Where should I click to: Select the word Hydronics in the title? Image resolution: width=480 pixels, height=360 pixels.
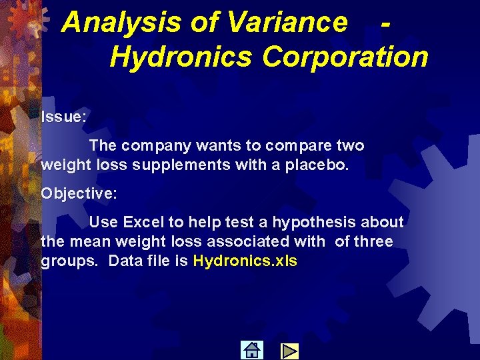[x=181, y=57]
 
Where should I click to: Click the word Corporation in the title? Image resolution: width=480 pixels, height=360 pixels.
[x=345, y=57]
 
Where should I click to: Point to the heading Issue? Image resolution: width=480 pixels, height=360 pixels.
[x=63, y=117]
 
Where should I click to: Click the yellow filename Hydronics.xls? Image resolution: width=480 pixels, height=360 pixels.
[x=245, y=261]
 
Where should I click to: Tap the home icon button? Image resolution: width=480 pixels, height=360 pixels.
[x=252, y=350]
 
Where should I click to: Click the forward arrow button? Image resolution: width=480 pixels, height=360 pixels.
[x=289, y=351]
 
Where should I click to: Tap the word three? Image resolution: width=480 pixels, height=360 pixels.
[x=374, y=241]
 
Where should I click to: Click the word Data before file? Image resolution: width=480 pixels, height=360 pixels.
[x=125, y=261]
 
